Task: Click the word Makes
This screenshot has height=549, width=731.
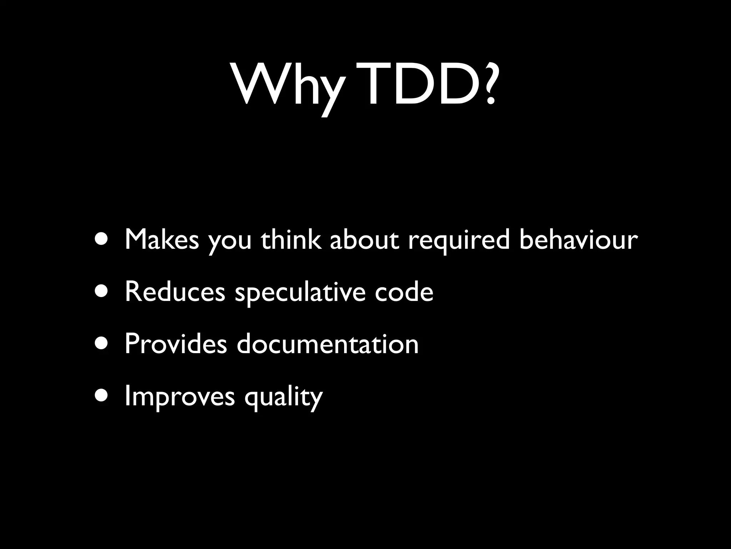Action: pos(161,239)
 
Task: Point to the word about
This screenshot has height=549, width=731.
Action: pos(364,239)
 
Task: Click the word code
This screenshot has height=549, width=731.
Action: pos(404,291)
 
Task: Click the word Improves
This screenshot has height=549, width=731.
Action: pos(180,397)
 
